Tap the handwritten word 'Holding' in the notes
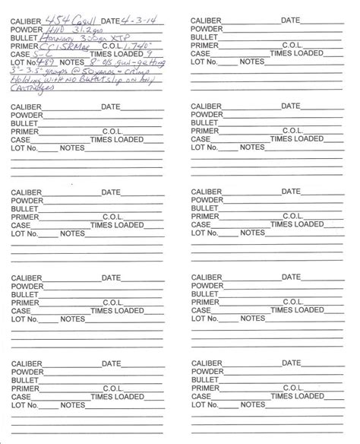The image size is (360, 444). [29, 80]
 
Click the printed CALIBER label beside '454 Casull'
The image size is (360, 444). [23, 19]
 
